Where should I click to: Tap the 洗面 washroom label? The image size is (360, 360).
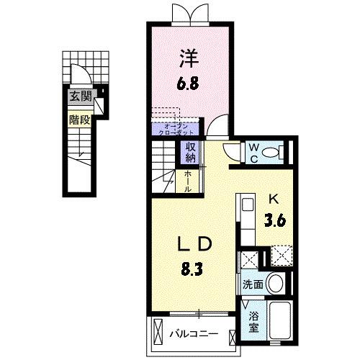[251, 284]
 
